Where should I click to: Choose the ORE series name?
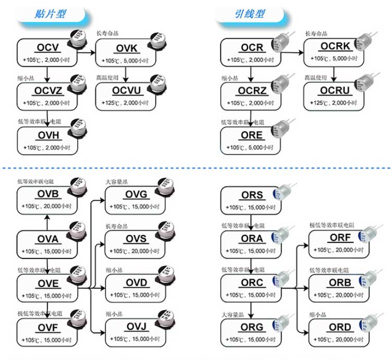251,136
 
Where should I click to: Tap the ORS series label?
252,196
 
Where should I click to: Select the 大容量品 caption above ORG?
231,314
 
